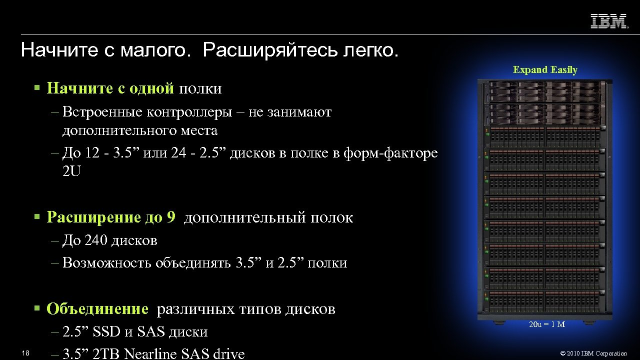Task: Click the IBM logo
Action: [609, 21]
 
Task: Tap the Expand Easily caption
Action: [545, 70]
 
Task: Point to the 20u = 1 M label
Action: [547, 324]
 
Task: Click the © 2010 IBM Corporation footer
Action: [593, 353]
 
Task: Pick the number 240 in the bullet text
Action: [96, 240]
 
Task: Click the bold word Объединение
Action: [97, 309]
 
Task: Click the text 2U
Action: [71, 171]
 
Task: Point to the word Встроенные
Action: [103, 112]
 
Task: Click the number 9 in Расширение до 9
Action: [171, 217]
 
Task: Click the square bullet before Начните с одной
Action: [36, 88]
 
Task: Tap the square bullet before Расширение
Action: [36, 217]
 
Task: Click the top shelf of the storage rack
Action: [544, 91]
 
